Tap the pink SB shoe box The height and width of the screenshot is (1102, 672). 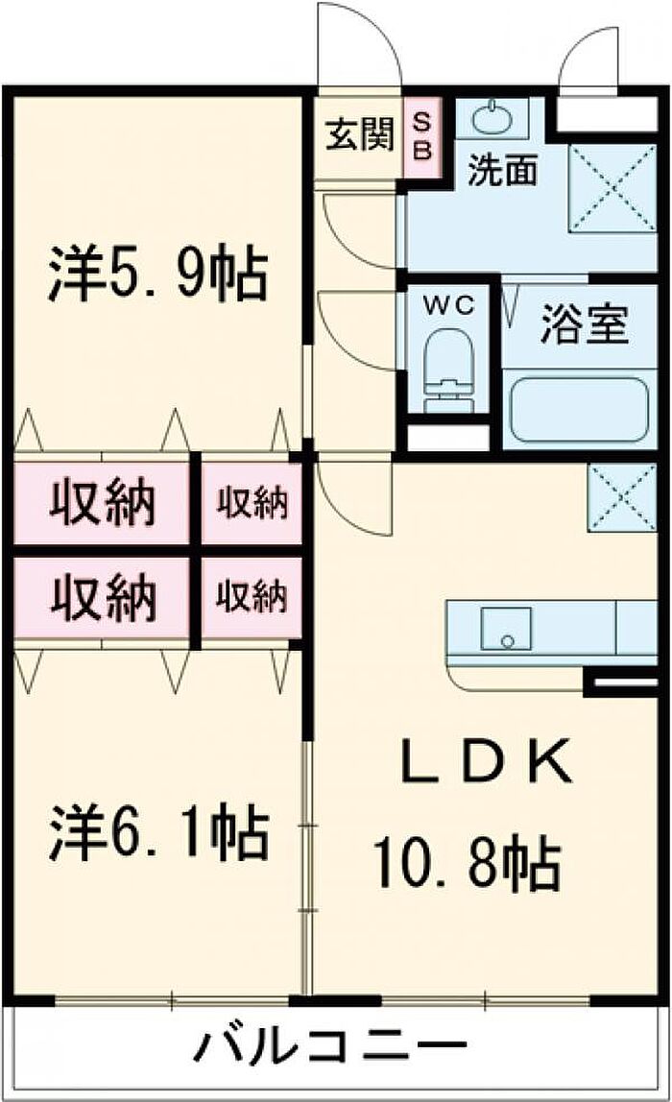click(422, 135)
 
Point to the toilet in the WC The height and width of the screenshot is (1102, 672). click(449, 369)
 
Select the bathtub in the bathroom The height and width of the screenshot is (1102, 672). click(577, 409)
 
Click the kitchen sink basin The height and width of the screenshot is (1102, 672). click(506, 629)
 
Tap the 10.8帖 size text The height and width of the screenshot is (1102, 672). click(467, 864)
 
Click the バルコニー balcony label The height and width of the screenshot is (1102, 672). click(330, 1044)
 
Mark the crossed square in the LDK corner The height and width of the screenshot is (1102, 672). click(621, 496)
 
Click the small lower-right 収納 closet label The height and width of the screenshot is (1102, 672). click(251, 597)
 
